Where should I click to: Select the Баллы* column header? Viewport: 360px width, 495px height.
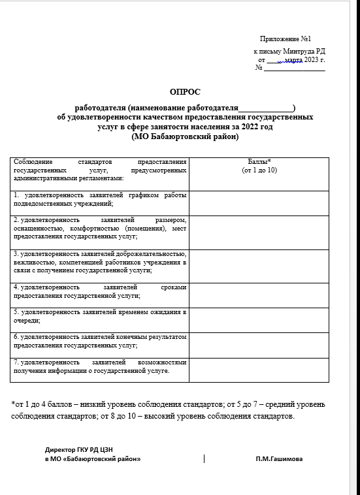click(259, 161)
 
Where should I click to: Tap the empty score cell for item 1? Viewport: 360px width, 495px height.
click(259, 200)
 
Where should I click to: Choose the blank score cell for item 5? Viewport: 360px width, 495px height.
click(259, 316)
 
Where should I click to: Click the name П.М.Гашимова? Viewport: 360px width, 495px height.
click(280, 458)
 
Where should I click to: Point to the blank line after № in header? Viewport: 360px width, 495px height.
click(293, 68)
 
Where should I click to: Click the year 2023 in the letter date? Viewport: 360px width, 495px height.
click(310, 59)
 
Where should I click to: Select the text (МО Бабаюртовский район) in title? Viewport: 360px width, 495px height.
click(186, 137)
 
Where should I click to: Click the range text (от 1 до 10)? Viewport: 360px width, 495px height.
click(259, 170)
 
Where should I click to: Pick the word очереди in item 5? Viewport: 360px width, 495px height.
click(27, 321)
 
